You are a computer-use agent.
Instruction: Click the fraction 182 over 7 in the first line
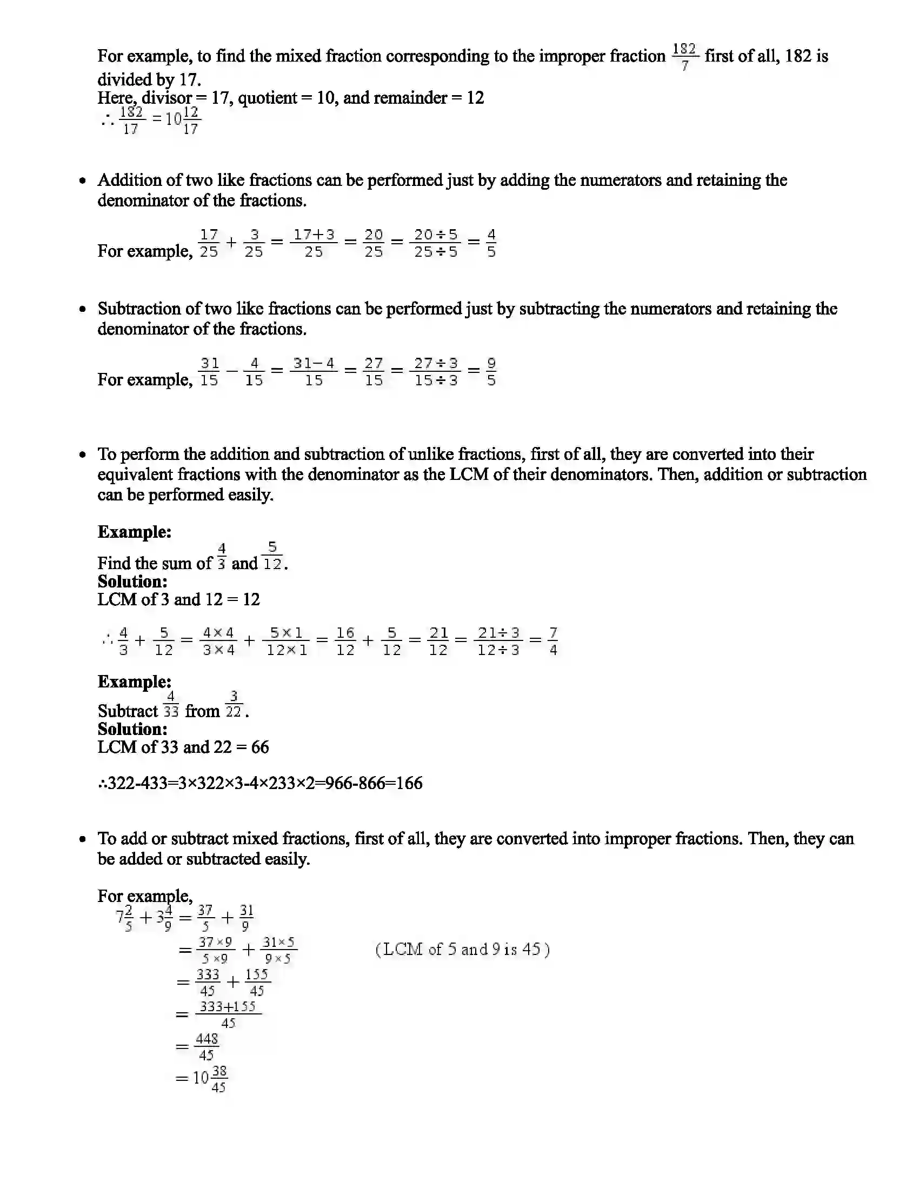684,57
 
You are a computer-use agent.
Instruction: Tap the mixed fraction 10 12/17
183,121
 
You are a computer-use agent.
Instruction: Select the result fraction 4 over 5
491,243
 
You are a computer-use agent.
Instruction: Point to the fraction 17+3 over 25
314,243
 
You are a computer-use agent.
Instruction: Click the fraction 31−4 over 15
314,372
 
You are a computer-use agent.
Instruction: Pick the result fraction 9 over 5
491,372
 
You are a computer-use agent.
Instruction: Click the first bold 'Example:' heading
135,532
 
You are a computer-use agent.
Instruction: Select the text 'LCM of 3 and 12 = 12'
178,599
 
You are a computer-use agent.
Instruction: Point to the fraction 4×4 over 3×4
218,642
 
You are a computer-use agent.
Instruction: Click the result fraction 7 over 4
553,642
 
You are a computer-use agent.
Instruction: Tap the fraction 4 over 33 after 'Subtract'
171,704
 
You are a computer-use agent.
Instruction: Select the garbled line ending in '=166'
260,784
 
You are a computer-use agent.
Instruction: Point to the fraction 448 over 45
207,1047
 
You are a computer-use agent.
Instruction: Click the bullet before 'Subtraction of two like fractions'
83,309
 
